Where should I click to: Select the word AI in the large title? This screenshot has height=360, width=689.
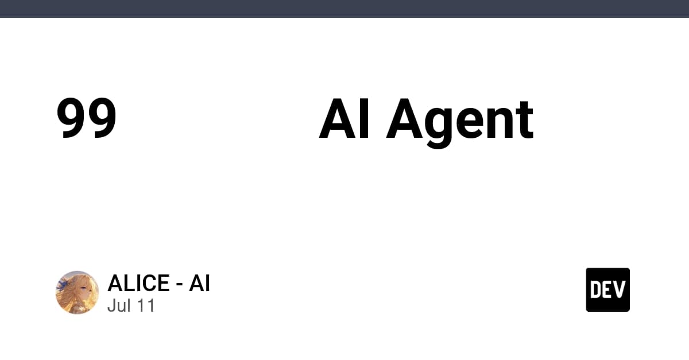pos(344,118)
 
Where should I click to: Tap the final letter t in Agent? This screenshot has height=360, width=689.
pos(523,120)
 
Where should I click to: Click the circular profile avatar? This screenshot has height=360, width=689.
pos(77,292)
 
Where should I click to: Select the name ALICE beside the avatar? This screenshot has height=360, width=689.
pos(138,283)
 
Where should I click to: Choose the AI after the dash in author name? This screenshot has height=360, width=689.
pos(199,283)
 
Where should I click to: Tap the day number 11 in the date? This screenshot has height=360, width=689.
pos(146,305)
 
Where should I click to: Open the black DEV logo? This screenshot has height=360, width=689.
pos(608,290)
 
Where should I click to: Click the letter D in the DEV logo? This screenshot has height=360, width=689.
pos(595,290)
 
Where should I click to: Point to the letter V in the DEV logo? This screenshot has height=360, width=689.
pos(620,290)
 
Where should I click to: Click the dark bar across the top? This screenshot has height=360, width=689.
pos(344,9)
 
